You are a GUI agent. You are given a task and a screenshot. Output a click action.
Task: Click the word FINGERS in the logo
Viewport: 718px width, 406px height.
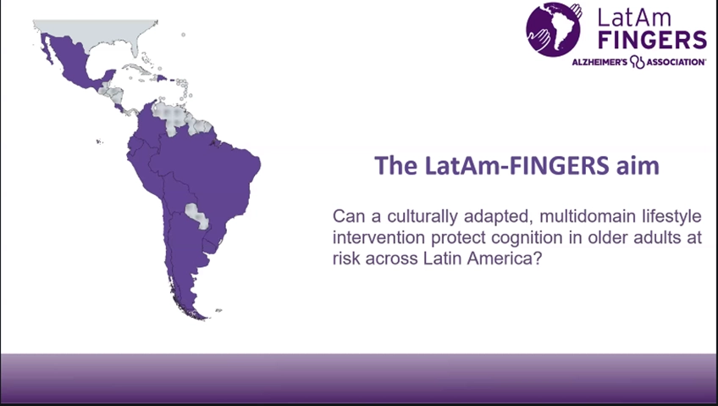coord(653,40)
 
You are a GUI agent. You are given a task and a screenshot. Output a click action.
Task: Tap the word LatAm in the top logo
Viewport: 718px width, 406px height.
coord(635,18)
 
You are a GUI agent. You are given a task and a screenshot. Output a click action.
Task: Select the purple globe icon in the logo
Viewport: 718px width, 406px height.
coord(554,30)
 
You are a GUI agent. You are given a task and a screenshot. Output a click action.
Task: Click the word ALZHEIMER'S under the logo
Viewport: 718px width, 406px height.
coord(599,62)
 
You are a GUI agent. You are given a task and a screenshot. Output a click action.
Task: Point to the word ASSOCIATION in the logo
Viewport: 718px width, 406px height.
coord(676,62)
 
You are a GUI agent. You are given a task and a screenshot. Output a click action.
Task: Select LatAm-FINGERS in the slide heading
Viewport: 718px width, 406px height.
coord(517,165)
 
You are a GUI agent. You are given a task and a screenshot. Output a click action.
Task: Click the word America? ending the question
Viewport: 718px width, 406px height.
coord(505,259)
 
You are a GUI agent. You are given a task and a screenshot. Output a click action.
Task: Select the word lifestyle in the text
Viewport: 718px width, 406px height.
coord(671,216)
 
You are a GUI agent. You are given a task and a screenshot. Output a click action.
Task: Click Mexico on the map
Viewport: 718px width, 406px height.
coord(74,62)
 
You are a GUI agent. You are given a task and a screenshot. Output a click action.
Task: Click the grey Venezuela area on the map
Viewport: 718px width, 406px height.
coord(172,117)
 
